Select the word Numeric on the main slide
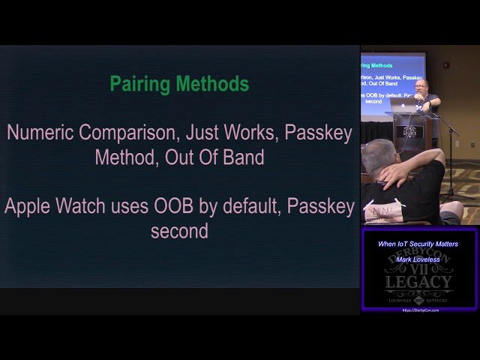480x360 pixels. [41, 133]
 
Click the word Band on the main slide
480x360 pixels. [244, 157]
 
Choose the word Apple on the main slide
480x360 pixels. [30, 207]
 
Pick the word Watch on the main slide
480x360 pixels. [88, 207]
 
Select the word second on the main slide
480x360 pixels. [179, 231]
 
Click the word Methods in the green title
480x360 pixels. [213, 85]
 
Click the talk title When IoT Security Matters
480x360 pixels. [418, 244]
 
